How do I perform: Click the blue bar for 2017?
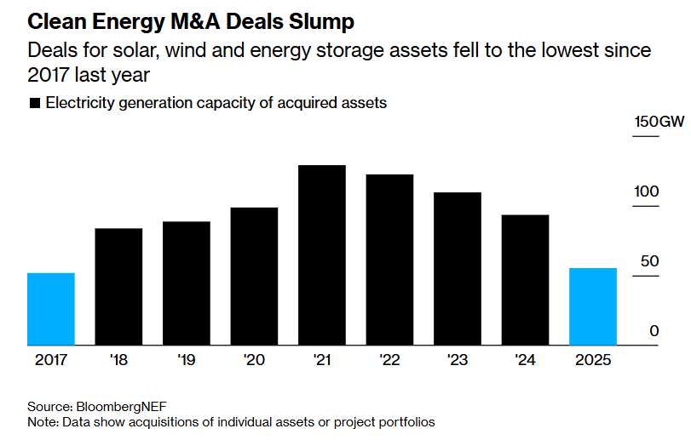[x=51, y=309]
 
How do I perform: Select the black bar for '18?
[x=118, y=287]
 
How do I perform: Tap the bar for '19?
[x=187, y=283]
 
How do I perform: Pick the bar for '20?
[x=254, y=277]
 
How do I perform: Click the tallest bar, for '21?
[x=322, y=255]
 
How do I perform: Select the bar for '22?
[x=389, y=260]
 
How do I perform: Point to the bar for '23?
[x=458, y=269]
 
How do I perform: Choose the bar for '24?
[x=525, y=280]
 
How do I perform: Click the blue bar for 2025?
[x=593, y=306]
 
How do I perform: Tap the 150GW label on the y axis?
[x=659, y=122]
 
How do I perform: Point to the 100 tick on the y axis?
[x=647, y=191]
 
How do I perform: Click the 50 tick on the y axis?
[x=650, y=260]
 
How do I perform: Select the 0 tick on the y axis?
[x=654, y=330]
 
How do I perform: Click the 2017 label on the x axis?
[x=51, y=361]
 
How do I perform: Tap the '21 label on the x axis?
[x=322, y=361]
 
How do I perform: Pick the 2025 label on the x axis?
[x=593, y=361]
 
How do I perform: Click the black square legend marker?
[x=35, y=104]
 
